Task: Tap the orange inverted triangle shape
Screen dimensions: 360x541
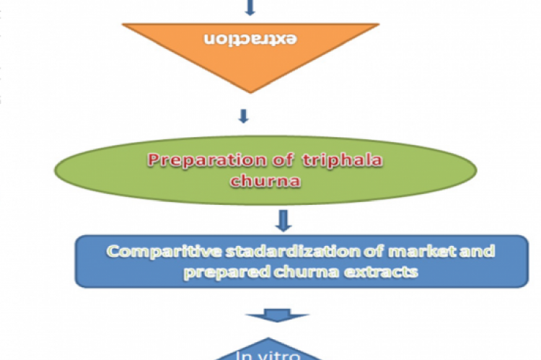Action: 250,61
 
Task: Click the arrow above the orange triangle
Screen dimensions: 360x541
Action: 250,7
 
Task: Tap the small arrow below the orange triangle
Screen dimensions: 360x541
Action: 245,115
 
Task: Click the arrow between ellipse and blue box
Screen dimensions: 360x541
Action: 283,219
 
